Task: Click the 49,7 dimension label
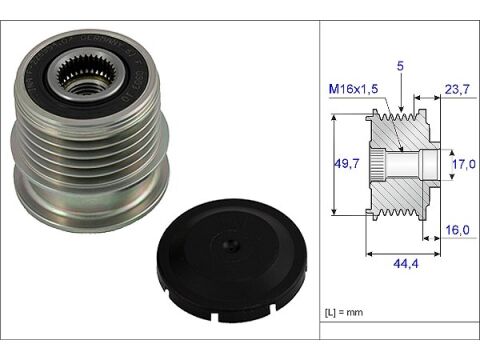(346, 163)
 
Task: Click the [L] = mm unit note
(346, 314)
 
